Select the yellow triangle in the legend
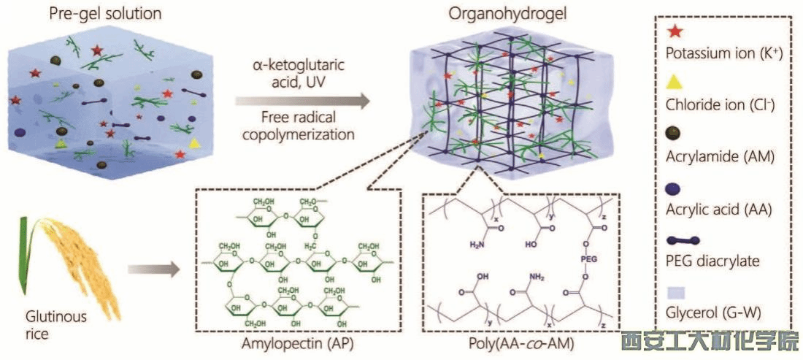click(x=675, y=82)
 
